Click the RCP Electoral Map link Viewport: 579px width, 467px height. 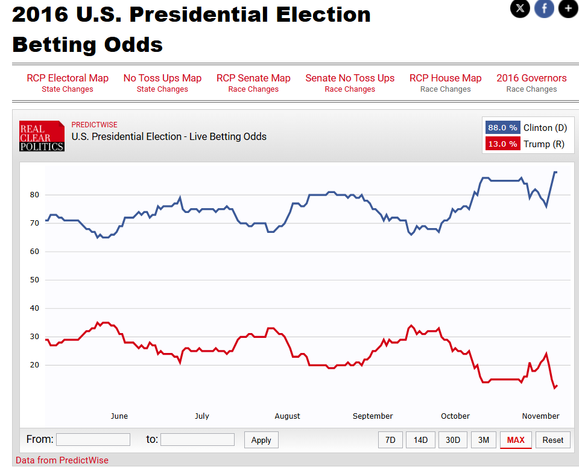(68, 78)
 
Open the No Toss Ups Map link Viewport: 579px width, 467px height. (162, 78)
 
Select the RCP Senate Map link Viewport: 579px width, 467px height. (253, 78)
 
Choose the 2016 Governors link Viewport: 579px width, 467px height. (531, 78)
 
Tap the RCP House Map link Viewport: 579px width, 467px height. (445, 78)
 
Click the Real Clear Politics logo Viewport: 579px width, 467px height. (42, 136)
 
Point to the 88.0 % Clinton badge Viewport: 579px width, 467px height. (502, 128)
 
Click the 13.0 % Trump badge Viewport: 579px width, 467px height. (502, 144)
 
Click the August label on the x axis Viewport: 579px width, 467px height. (287, 416)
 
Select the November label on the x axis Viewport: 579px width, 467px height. (540, 416)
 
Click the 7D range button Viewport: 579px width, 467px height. (390, 440)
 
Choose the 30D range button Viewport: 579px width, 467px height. (452, 440)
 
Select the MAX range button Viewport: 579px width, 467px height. (516, 440)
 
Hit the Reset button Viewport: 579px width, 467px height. (552, 440)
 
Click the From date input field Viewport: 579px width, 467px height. (93, 440)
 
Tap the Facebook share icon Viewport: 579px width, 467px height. (544, 8)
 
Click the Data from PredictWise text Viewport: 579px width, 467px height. (62, 460)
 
